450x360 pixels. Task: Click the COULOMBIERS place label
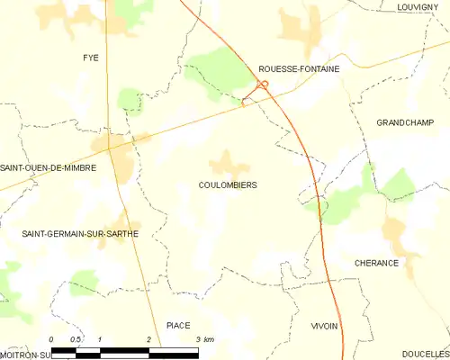[x=228, y=184]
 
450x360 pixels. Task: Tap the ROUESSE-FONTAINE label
[x=298, y=67]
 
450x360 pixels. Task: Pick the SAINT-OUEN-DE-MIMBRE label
[x=48, y=167]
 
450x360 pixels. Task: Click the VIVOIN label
[x=324, y=325]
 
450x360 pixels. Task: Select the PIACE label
[x=178, y=325]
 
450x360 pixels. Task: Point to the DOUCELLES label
[x=426, y=354]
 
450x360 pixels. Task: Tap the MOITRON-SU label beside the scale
[x=25, y=354]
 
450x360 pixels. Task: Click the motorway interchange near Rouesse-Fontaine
[x=262, y=85]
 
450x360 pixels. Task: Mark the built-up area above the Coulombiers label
[x=229, y=164]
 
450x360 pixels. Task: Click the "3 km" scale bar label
[x=203, y=338]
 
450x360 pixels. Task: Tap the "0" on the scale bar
[x=51, y=338]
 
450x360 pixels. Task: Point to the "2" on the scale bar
[x=148, y=338]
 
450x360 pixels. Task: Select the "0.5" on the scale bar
[x=76, y=338]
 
